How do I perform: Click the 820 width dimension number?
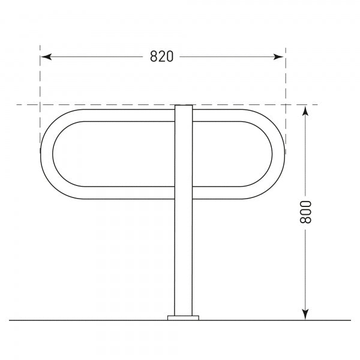point(161,56)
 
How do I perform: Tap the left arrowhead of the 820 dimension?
point(45,56)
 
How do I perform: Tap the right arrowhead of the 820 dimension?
point(280,56)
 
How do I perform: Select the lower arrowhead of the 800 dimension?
point(305,314)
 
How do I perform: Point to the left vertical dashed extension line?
point(40,78)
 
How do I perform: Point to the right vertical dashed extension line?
point(285,78)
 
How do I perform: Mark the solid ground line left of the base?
point(90,320)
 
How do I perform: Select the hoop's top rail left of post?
point(120,115)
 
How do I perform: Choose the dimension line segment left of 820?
point(96,56)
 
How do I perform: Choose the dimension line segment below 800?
point(305,270)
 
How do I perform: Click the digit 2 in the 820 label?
point(161,56)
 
